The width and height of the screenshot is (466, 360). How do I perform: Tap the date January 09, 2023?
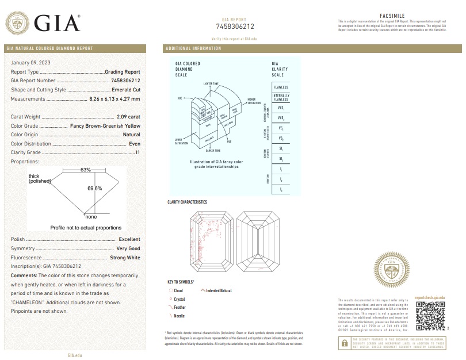[x=29, y=62]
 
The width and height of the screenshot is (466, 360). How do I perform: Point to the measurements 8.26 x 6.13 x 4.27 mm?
[x=115, y=99]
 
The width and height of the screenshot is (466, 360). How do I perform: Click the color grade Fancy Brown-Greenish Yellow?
[x=105, y=125]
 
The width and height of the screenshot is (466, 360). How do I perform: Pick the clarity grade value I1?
[x=138, y=152]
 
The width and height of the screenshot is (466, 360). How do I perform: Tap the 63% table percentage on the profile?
[x=86, y=170]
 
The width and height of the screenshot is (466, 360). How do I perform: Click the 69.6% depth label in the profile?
[x=95, y=188]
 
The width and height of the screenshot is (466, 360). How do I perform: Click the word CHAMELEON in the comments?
[x=30, y=302]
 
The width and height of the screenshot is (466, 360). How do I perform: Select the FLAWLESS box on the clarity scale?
[x=281, y=87]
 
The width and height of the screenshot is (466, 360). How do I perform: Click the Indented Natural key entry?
[x=219, y=290]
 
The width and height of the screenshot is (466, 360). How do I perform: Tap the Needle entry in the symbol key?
[x=179, y=316]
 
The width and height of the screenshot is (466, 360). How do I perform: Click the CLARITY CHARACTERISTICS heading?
[x=188, y=202]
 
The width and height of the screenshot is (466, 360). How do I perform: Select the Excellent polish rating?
[x=129, y=239]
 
